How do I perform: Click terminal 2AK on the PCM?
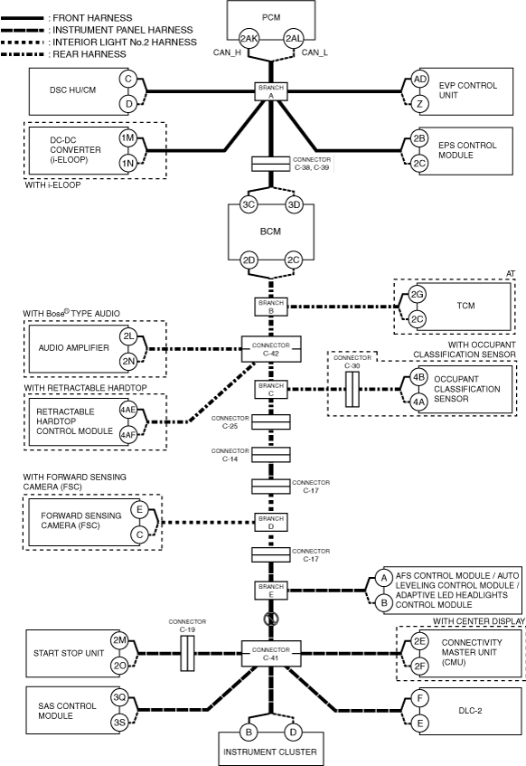pyautogui.click(x=249, y=39)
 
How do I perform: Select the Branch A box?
pyautogui.click(x=271, y=91)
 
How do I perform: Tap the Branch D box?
pyautogui.click(x=271, y=522)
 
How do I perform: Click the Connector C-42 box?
pyautogui.click(x=271, y=349)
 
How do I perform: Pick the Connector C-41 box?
pyautogui.click(x=271, y=654)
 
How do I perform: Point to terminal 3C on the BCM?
pyautogui.click(x=249, y=204)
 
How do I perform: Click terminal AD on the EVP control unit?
pyautogui.click(x=419, y=80)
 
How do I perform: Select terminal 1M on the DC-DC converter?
pyautogui.click(x=128, y=138)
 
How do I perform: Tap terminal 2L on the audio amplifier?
pyautogui.click(x=128, y=336)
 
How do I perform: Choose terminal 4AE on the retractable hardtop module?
pyautogui.click(x=128, y=410)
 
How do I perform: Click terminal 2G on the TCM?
pyautogui.click(x=417, y=294)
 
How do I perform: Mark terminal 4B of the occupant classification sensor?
pyautogui.click(x=418, y=377)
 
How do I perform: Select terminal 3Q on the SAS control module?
pyautogui.click(x=119, y=697)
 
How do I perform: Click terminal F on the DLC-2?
pyautogui.click(x=420, y=698)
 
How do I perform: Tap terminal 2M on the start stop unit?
pyautogui.click(x=119, y=640)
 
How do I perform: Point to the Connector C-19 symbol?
pyautogui.click(x=187, y=653)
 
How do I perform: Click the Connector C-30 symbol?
pyautogui.click(x=352, y=390)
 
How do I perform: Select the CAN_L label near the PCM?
pyautogui.click(x=315, y=52)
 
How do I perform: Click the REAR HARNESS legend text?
pyautogui.click(x=89, y=54)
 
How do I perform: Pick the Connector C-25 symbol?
pyautogui.click(x=271, y=422)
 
